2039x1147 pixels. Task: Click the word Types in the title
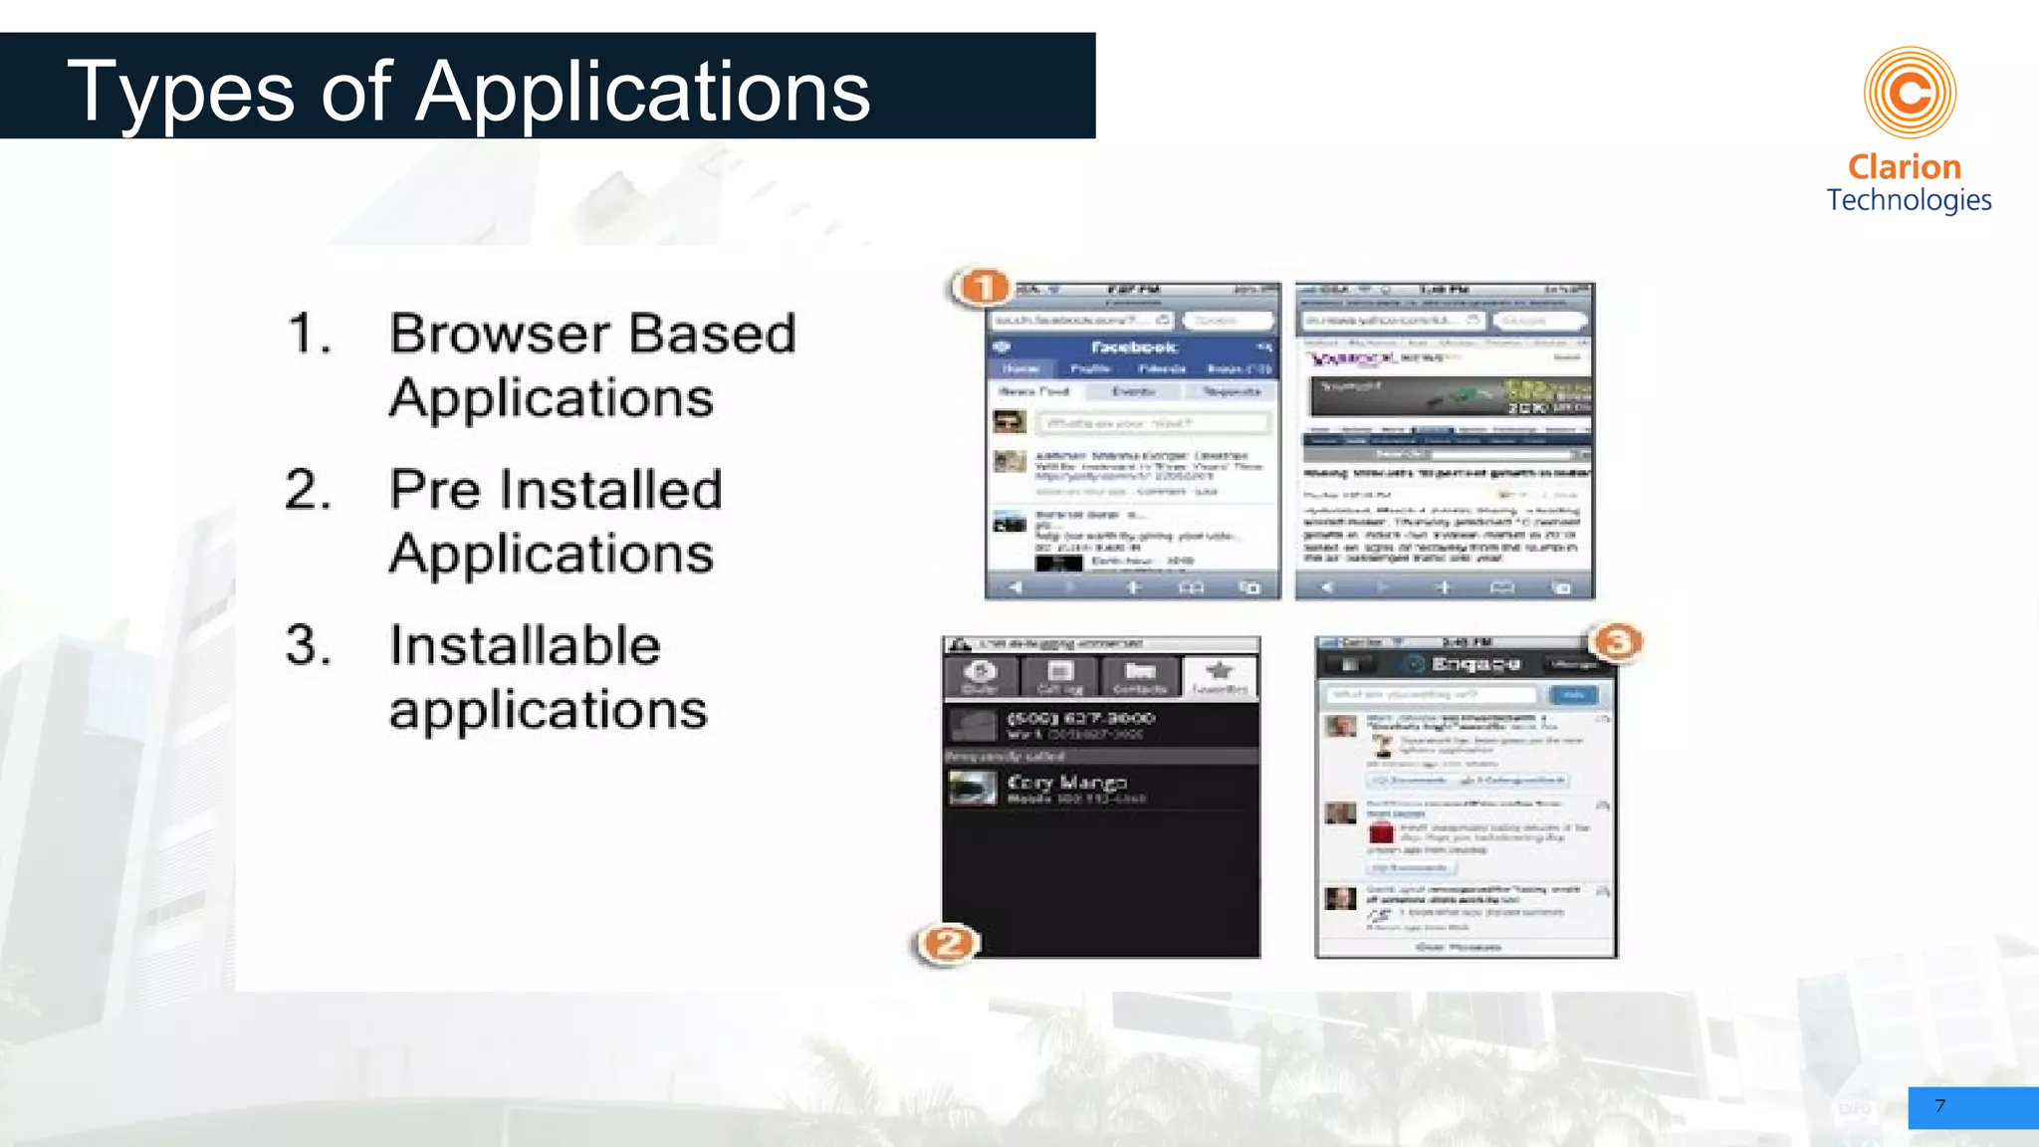point(180,92)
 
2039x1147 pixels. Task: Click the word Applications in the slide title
point(643,92)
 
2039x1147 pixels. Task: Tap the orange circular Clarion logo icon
point(1910,93)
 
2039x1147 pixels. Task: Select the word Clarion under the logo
point(1904,166)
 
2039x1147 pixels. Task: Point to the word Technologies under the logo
point(1909,200)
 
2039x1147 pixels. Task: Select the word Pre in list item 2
point(430,490)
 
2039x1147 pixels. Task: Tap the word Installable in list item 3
point(525,645)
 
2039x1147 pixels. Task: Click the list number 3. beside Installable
point(309,645)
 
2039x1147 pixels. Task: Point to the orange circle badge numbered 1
point(983,288)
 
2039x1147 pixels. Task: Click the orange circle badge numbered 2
point(947,943)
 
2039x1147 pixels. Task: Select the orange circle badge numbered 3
point(1618,642)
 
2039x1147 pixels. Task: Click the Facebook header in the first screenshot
point(1133,346)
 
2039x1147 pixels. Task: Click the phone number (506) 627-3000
point(1080,718)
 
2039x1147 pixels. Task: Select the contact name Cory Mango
point(1066,783)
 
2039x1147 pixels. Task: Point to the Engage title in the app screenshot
point(1475,664)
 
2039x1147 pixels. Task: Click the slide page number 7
point(1939,1106)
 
